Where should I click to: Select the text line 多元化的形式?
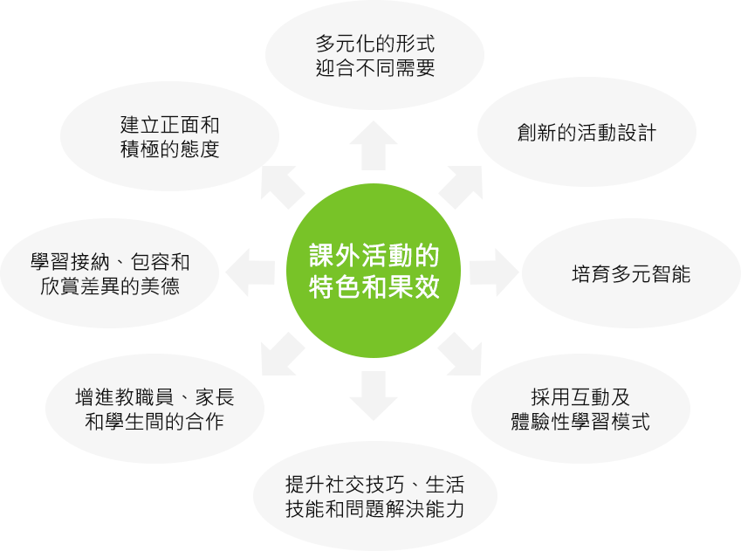pyautogui.click(x=374, y=43)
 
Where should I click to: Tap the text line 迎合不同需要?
pyautogui.click(x=374, y=68)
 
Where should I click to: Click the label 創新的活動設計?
pyautogui.click(x=587, y=133)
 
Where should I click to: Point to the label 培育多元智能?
pyautogui.click(x=630, y=274)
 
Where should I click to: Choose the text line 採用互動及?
pyautogui.click(x=580, y=396)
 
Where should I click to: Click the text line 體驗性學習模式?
pyautogui.click(x=580, y=422)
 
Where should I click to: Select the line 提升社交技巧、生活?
pyautogui.click(x=374, y=485)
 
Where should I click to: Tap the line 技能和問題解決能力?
pyautogui.click(x=374, y=510)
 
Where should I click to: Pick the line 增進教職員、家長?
pyautogui.click(x=154, y=397)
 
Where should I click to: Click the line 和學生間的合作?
pyautogui.click(x=154, y=423)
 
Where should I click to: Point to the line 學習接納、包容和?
pyautogui.click(x=110, y=262)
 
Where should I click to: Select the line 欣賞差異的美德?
pyautogui.click(x=110, y=286)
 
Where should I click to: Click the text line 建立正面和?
pyautogui.click(x=169, y=124)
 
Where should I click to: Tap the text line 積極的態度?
pyautogui.click(x=169, y=149)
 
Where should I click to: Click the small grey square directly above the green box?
pyautogui.click(x=373, y=145)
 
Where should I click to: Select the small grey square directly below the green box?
pyautogui.click(x=373, y=396)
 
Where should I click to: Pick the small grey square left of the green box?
pyautogui.click(x=249, y=272)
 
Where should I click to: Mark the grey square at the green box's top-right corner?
pyautogui.click(x=460, y=188)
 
